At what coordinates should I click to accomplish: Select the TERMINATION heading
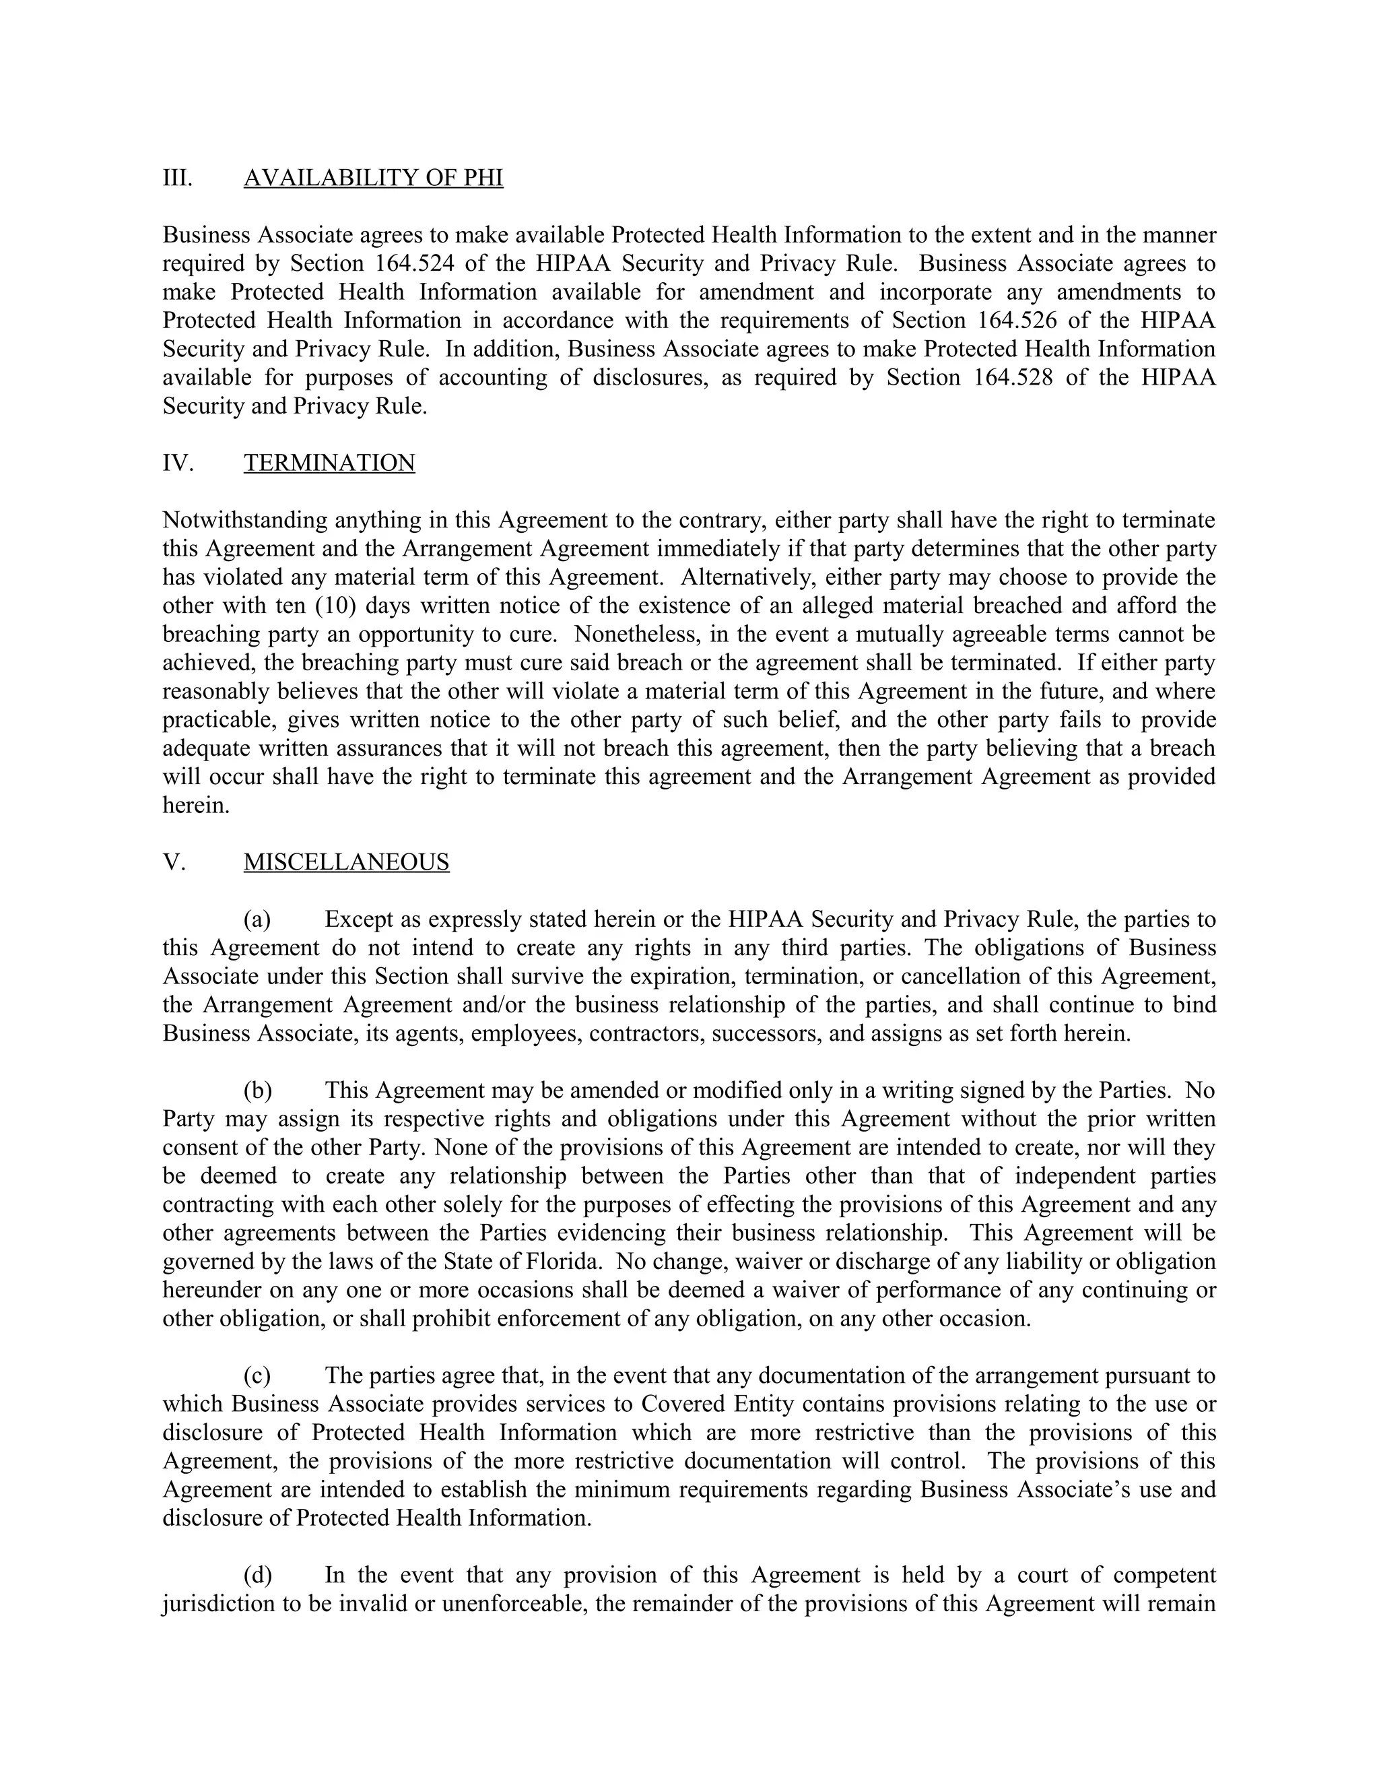329,463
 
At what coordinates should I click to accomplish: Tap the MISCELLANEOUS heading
345,862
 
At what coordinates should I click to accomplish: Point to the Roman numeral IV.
178,463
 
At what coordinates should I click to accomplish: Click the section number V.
173,862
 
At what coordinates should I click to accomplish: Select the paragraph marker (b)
257,1091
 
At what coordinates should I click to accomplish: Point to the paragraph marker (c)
257,1375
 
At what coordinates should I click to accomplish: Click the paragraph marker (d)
257,1575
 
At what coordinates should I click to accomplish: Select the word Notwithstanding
242,520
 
